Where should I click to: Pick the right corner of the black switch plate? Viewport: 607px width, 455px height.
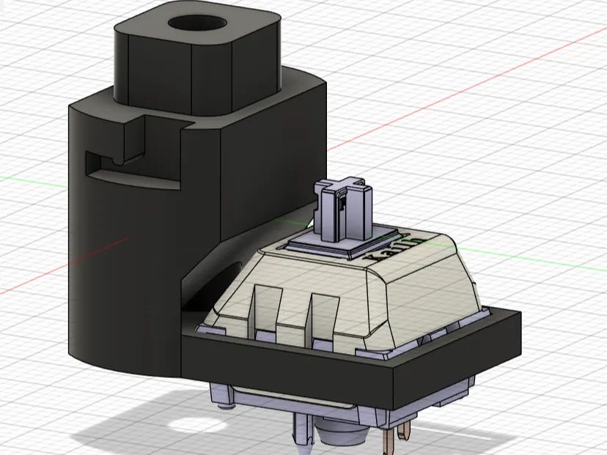pos(517,322)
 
